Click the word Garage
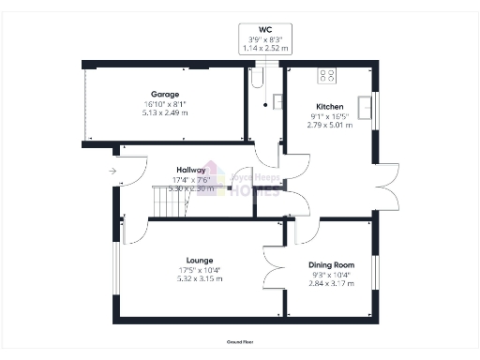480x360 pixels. pos(166,95)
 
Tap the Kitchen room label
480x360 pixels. pos(329,107)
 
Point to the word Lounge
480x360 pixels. pos(199,260)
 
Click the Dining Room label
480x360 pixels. pos(332,263)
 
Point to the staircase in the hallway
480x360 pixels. pos(169,202)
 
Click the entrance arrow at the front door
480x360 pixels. pos(112,171)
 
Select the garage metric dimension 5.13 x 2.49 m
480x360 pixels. pos(166,112)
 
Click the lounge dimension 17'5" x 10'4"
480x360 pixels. pos(199,269)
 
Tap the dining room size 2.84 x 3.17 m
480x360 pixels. pos(332,281)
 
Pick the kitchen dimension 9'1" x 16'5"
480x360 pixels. pos(329,116)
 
